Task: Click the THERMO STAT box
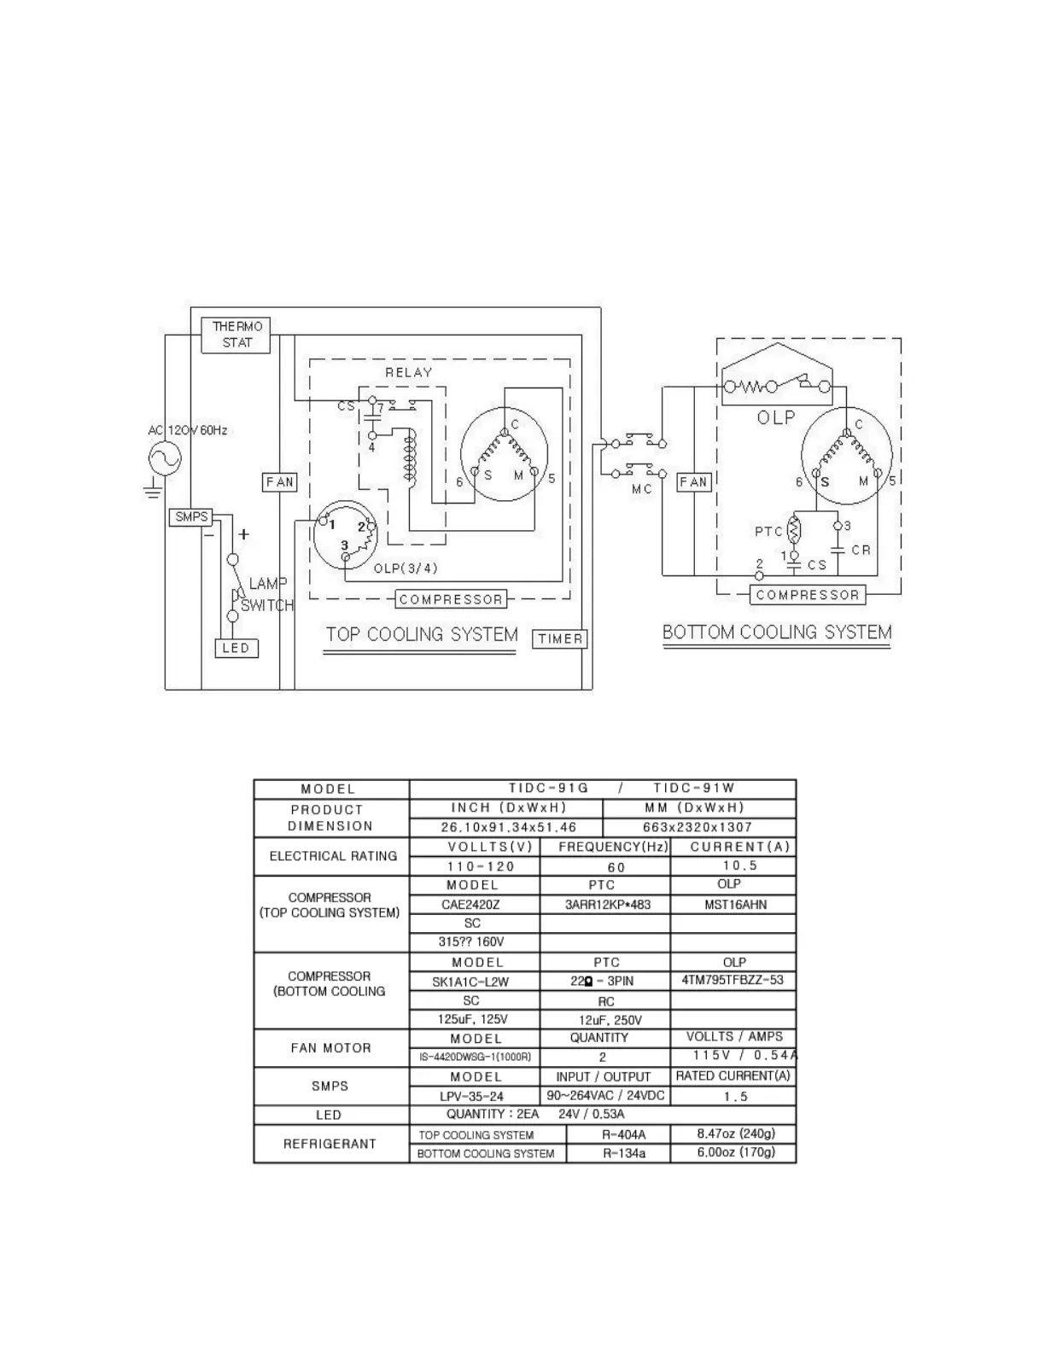click(236, 335)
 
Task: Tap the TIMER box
click(560, 638)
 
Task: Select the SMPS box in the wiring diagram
click(191, 516)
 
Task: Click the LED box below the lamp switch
click(236, 648)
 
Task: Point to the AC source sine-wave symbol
click(165, 460)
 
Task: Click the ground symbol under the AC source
click(154, 490)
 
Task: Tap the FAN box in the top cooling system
click(279, 482)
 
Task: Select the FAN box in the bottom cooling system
click(693, 482)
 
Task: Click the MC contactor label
click(642, 489)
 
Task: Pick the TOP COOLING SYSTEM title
click(422, 634)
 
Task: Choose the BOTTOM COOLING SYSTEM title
click(777, 632)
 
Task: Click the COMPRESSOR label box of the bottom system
click(807, 595)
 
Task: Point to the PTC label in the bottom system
click(768, 531)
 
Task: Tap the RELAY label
click(408, 372)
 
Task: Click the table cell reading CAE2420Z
click(472, 905)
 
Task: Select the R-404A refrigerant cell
click(623, 1134)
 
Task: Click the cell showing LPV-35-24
click(472, 1096)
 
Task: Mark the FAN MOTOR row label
click(330, 1047)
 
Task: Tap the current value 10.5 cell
click(733, 865)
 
